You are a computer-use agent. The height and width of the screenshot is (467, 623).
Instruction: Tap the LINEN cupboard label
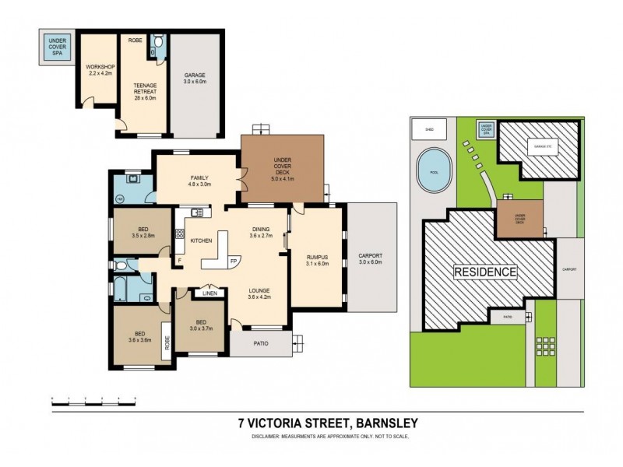click(209, 293)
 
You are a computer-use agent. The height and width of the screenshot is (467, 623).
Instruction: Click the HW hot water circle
click(120, 198)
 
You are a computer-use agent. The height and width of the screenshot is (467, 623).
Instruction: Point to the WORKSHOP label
click(99, 68)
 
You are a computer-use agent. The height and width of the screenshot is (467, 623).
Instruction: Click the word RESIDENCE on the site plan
click(486, 272)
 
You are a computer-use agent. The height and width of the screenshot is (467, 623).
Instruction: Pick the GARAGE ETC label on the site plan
click(540, 146)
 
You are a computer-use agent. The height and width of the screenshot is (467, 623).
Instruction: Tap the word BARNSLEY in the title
click(386, 423)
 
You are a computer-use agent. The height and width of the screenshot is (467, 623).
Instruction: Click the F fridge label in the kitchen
click(179, 260)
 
